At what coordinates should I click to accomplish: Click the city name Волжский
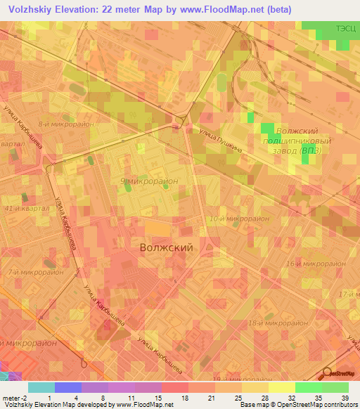coord(166,247)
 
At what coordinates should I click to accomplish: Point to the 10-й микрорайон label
coord(238,219)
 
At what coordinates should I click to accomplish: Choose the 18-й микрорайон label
coord(278,323)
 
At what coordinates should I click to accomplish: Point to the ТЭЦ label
coord(346,29)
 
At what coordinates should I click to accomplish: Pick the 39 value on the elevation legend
coord(344,398)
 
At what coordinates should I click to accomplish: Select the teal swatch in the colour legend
coord(41,387)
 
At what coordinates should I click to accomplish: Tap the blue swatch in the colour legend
coord(68,387)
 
